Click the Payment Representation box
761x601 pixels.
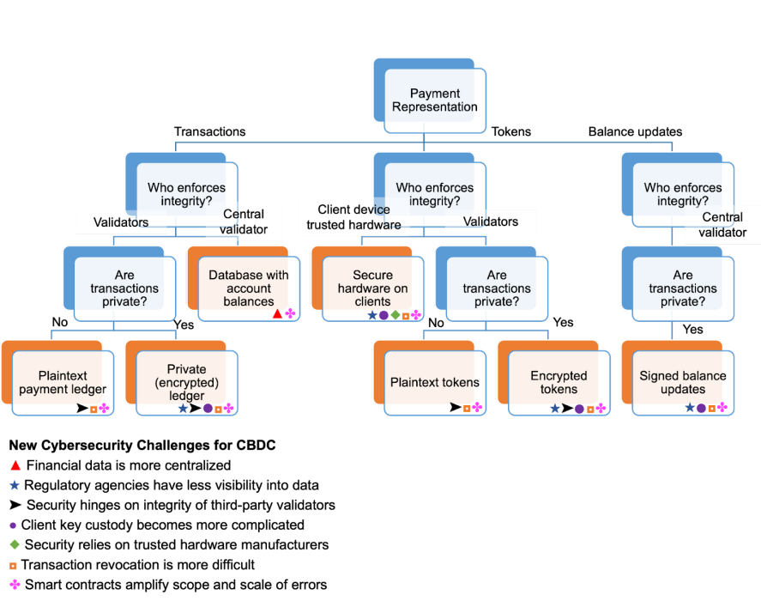(x=435, y=100)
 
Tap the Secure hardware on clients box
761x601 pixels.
(x=372, y=288)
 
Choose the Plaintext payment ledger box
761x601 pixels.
(x=62, y=383)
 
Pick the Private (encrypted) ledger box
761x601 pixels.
(x=186, y=383)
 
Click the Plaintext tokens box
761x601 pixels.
(x=435, y=383)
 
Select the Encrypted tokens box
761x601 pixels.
(x=559, y=383)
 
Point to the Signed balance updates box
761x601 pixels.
(x=683, y=383)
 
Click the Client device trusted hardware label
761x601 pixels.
(x=353, y=217)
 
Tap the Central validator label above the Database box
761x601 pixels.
(x=244, y=222)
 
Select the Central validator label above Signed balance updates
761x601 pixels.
(x=722, y=225)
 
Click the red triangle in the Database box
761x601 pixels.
(x=277, y=314)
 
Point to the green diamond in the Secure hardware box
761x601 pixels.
(x=395, y=315)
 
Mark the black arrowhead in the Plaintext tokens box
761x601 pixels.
(x=455, y=408)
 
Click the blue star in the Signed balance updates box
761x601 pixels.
(x=690, y=408)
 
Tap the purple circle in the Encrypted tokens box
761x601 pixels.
(x=579, y=409)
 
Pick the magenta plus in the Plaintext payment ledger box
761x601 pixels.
(x=105, y=408)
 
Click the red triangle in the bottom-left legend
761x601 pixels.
(x=15, y=465)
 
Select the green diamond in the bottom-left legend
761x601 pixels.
(x=14, y=544)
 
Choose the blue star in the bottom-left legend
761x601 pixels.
(x=15, y=485)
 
